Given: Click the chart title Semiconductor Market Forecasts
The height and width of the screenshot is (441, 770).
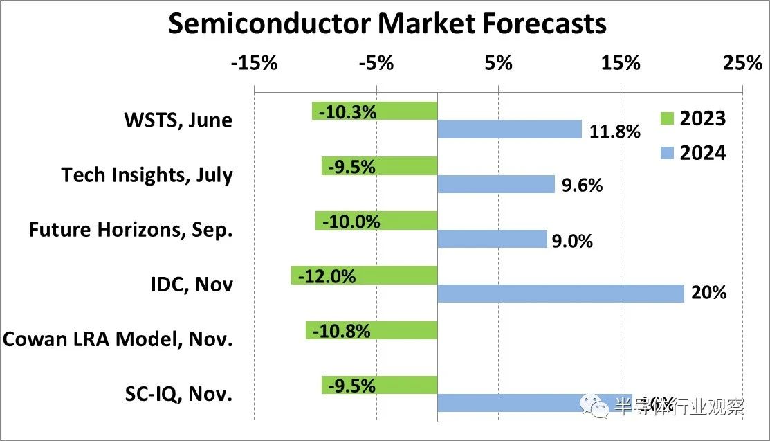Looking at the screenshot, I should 387,24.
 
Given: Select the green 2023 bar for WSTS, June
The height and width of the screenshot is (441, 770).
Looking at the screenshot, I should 374,111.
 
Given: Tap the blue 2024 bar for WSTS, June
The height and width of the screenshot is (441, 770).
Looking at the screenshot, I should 509,129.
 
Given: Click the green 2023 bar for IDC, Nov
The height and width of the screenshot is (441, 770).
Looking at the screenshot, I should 364,276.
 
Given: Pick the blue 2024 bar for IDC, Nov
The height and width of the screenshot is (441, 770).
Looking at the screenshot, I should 560,294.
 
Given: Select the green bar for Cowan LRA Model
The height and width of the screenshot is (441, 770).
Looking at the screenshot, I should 372,331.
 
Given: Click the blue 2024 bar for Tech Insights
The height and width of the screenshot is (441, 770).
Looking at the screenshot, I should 496,184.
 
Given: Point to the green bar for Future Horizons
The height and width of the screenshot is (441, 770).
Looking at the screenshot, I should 376,221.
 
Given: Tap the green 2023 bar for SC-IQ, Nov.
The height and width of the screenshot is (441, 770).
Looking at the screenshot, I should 379,386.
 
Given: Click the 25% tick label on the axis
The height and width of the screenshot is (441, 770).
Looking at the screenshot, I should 742,63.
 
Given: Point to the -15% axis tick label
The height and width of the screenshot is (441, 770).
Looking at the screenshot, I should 254,63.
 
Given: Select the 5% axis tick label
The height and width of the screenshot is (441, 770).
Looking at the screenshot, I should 498,63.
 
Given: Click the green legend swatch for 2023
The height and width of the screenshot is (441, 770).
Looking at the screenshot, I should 667,118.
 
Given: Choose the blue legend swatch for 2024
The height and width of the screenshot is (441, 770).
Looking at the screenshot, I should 667,153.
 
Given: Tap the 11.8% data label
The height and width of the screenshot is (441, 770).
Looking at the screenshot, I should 615,131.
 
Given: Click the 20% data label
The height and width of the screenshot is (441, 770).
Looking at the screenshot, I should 709,293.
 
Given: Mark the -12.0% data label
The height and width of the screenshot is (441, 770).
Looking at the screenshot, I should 327,276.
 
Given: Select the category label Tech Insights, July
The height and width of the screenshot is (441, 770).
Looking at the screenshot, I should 147,174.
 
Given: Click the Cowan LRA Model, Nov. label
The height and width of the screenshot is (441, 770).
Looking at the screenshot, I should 118,339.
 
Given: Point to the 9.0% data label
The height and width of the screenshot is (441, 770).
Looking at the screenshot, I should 572,241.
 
